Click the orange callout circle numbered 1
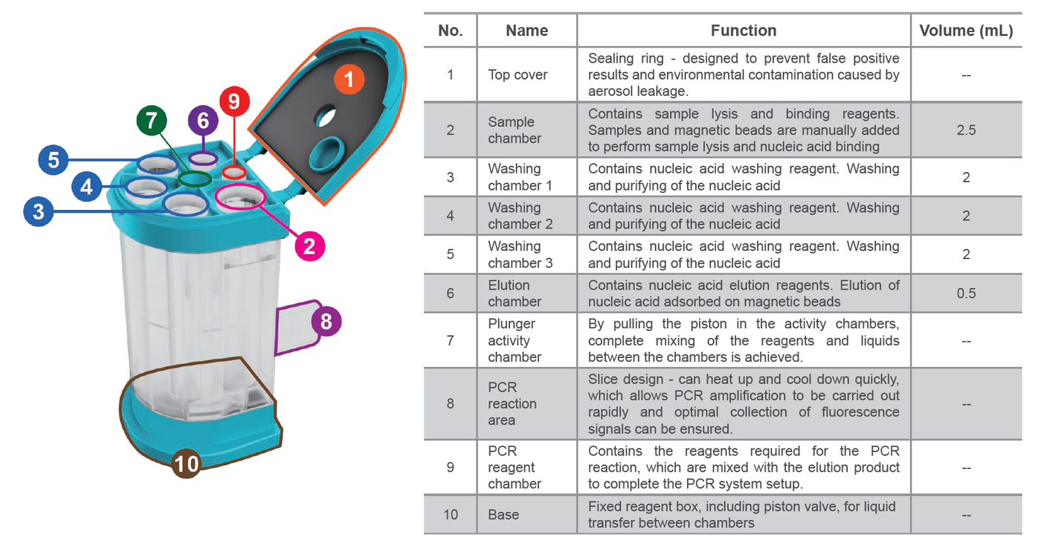pos(348,77)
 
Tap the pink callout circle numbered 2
pos(310,245)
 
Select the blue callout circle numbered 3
pos(38,212)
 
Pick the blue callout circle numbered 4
pos(87,186)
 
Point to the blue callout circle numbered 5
pos(53,159)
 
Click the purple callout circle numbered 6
pos(203,121)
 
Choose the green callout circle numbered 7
pos(152,121)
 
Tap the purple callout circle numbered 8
pos(326,322)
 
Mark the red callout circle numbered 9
pos(234,102)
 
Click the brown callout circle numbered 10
pos(187,464)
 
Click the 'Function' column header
pos(743,31)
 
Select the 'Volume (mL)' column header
pos(965,31)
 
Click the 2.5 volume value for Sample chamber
pos(965,130)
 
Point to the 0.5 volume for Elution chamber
pos(965,293)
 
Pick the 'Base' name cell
pos(503,514)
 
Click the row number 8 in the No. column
pos(450,404)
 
